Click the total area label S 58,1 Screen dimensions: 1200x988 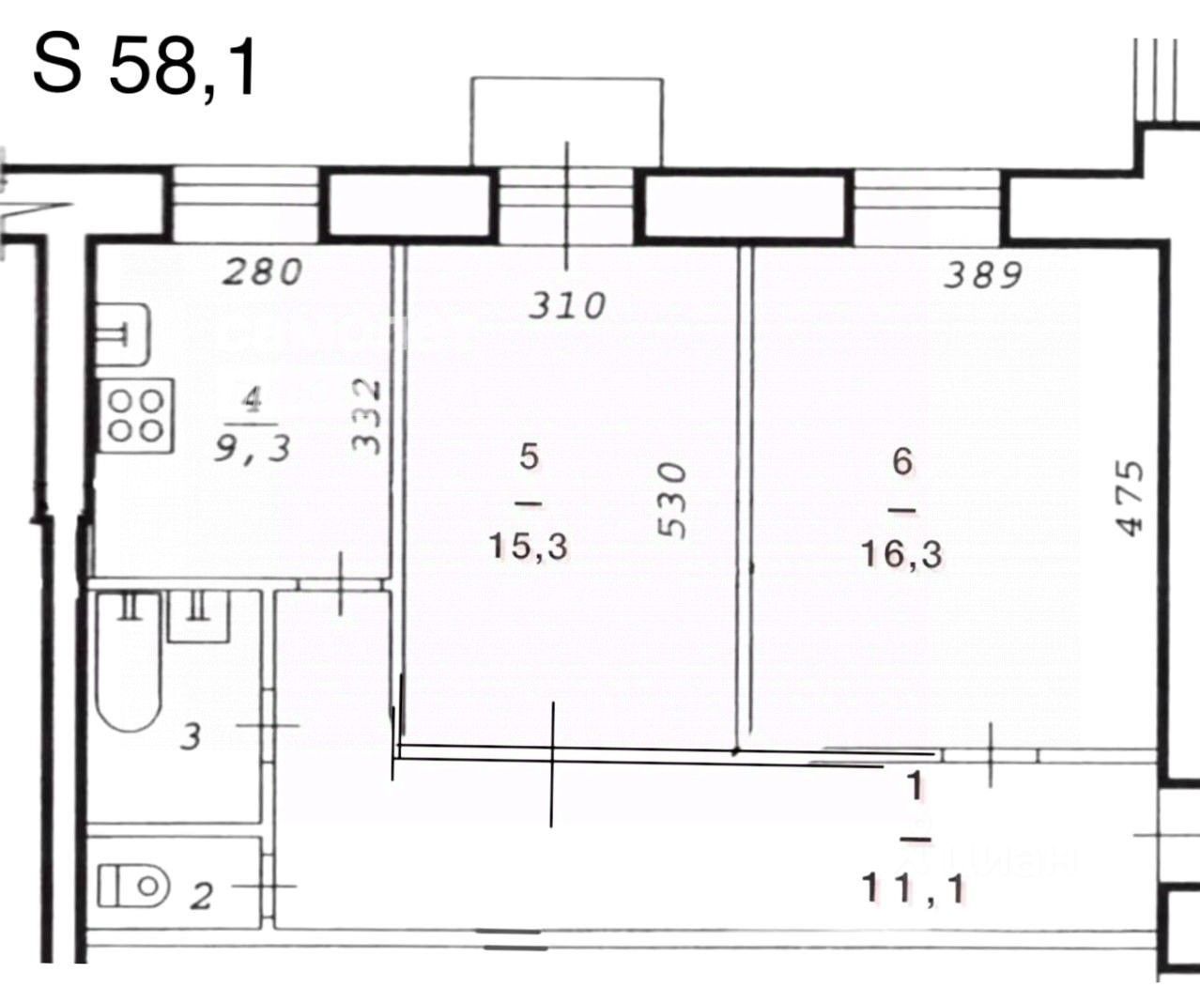146,67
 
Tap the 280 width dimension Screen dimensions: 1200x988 262,271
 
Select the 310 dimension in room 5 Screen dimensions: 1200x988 567,305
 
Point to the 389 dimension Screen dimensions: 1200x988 983,275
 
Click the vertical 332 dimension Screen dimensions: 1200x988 366,417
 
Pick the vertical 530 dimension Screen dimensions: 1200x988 672,500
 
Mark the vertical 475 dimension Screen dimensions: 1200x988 1130,498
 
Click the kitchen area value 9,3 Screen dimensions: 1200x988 253,448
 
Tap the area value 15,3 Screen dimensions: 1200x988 529,548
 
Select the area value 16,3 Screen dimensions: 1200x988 901,554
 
